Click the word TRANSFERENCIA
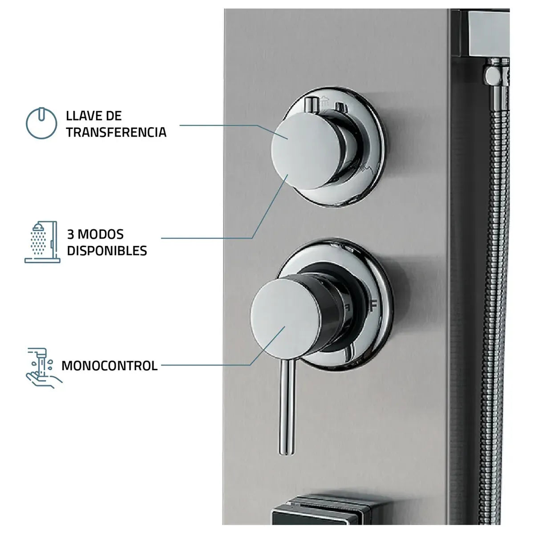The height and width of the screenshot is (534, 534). [116, 132]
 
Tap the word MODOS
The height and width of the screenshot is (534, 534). [100, 235]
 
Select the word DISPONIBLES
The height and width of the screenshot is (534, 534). [107, 251]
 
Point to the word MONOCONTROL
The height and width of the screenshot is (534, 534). [109, 366]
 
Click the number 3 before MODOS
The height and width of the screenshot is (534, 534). [70, 235]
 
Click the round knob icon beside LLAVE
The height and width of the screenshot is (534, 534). [41, 123]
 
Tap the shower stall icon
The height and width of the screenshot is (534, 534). [42, 242]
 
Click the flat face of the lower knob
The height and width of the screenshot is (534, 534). [287, 318]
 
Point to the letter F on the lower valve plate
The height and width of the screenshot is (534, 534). [373, 305]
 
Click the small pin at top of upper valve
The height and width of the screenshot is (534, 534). [310, 104]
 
